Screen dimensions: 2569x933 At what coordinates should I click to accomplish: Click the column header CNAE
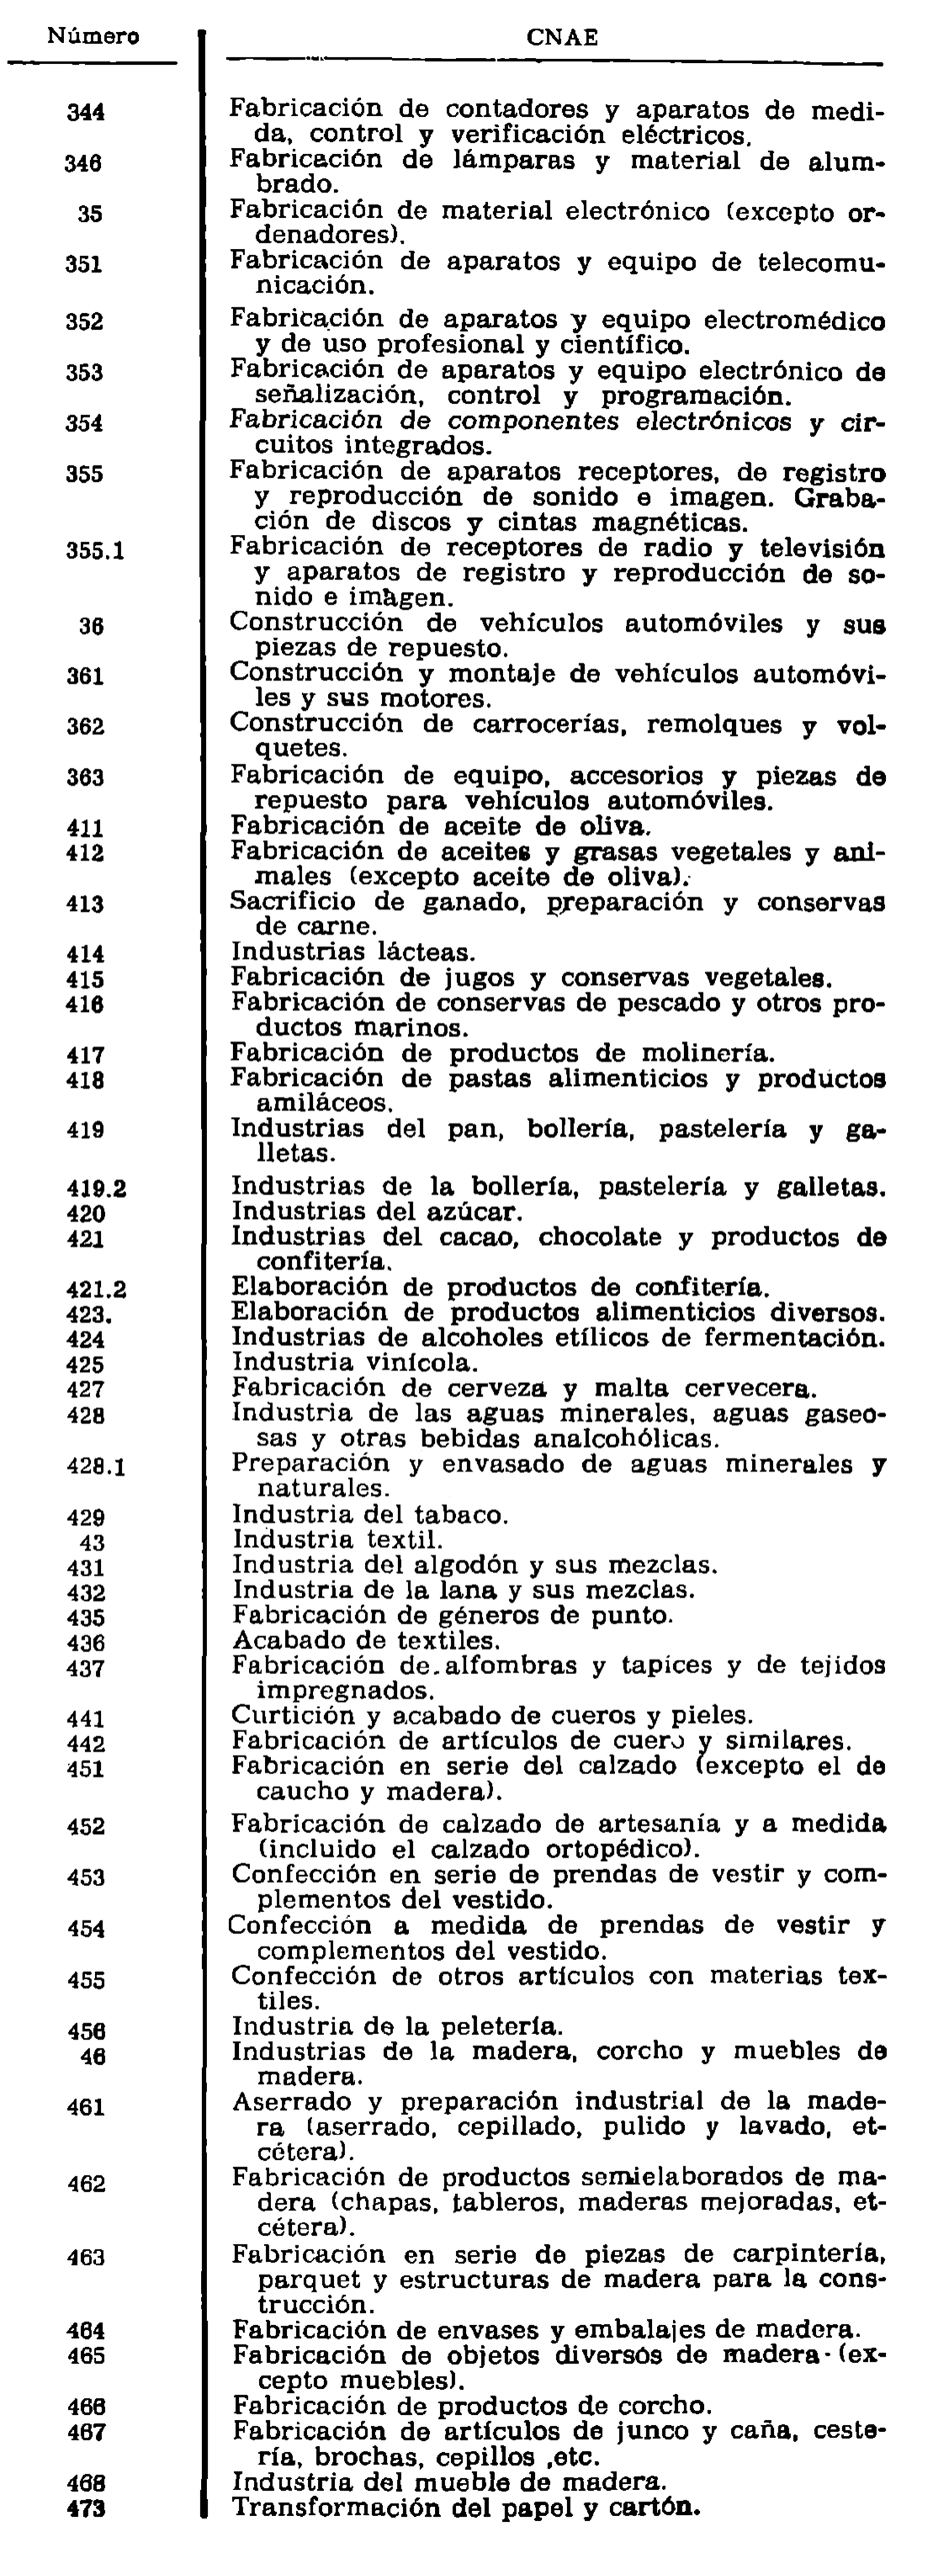tap(562, 38)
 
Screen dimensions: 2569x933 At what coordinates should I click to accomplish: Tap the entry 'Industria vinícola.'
tap(355, 1363)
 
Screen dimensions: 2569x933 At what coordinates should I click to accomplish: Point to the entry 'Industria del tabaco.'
tap(370, 1516)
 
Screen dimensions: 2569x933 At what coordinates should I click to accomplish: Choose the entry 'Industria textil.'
tap(337, 1541)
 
